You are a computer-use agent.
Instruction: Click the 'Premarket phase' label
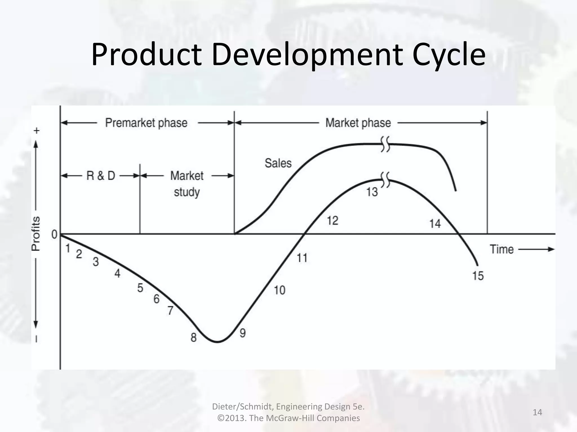click(146, 123)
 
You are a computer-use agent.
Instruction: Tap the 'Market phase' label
click(358, 123)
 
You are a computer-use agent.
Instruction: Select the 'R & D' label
click(101, 176)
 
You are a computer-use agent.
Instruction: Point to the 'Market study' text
click(187, 184)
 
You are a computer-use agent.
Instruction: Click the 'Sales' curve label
click(278, 163)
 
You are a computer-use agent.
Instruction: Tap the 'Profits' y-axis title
click(36, 233)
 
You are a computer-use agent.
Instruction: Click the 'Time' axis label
click(502, 249)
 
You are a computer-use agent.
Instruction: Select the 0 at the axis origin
click(54, 234)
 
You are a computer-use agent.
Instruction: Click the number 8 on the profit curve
click(194, 337)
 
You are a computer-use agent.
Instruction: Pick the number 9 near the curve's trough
click(243, 333)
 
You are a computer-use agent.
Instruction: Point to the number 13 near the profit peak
click(372, 192)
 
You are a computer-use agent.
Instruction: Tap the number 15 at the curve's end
click(478, 276)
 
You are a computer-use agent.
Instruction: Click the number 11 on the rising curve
click(302, 258)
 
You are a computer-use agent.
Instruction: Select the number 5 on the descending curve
click(140, 288)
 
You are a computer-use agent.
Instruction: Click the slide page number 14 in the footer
click(538, 412)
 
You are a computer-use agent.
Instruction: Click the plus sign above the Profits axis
click(37, 131)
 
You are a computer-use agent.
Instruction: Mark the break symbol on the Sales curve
click(385, 144)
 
